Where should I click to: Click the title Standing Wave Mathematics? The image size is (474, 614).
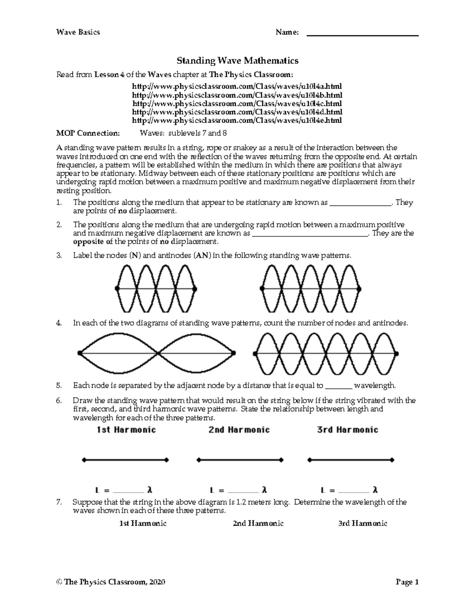(237, 60)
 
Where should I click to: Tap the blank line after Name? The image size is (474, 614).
(363, 35)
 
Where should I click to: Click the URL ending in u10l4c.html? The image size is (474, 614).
(237, 104)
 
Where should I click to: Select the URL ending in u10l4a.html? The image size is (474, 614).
(237, 86)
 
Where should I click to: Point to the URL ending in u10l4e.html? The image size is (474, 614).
(237, 121)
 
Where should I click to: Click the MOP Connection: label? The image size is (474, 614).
(87, 133)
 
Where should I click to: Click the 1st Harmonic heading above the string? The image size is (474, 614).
(126, 430)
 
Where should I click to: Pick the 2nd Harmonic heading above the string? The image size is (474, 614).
(239, 430)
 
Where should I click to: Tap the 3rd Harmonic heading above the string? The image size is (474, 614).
(348, 430)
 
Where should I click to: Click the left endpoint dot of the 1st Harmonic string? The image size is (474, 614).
(84, 460)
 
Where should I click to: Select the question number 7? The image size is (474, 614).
(59, 503)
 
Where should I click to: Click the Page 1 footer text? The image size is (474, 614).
(407, 582)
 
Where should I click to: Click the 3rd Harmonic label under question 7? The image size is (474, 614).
(363, 523)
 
